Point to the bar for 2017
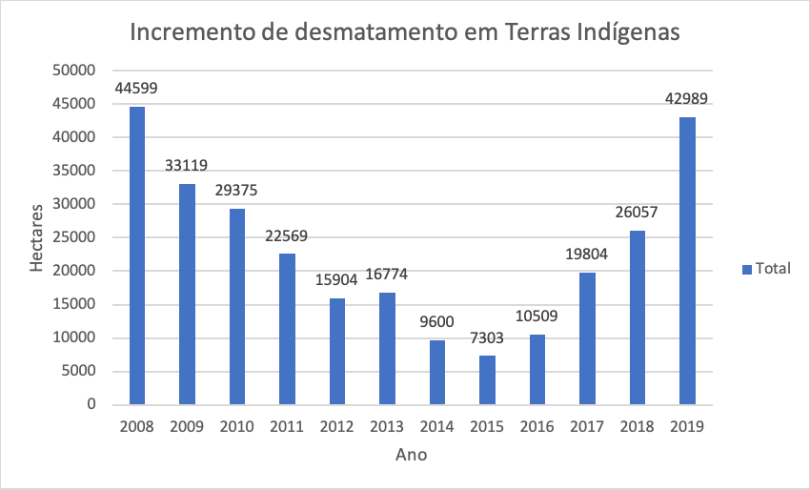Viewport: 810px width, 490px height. [587, 338]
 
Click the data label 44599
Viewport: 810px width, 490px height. [136, 89]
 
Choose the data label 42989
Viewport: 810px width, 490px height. [686, 99]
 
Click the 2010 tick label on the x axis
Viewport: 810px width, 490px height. [236, 426]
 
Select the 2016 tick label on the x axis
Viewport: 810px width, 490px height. [537, 426]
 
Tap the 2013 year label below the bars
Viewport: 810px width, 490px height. [386, 426]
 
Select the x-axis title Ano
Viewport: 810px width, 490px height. [411, 456]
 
